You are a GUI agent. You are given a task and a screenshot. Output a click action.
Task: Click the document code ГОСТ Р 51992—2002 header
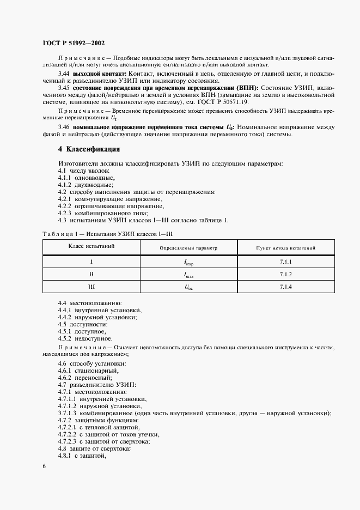point(74,42)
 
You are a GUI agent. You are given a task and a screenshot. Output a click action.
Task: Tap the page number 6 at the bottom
point(44,466)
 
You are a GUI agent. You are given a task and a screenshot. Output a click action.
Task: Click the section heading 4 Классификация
point(89,149)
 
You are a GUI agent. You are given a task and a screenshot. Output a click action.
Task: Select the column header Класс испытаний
point(91,247)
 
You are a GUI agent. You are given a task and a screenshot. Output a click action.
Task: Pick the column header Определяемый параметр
point(188,248)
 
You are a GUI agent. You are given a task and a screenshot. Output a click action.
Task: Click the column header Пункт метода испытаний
point(286,248)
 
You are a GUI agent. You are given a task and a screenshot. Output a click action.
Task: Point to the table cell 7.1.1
point(286,262)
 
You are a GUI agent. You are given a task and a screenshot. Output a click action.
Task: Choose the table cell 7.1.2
point(286,274)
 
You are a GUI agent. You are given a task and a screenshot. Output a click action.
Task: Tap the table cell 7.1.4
point(286,287)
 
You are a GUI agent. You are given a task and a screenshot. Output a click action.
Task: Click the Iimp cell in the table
point(188,263)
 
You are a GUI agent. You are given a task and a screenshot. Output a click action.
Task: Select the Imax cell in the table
point(188,275)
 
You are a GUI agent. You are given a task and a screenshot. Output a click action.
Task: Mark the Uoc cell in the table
point(188,287)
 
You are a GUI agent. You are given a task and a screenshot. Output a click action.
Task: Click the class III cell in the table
point(91,287)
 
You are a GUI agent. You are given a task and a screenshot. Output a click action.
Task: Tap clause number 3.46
point(64,127)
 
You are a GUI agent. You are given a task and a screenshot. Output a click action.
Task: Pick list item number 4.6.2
point(67,378)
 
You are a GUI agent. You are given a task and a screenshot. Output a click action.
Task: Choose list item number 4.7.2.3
point(69,441)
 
